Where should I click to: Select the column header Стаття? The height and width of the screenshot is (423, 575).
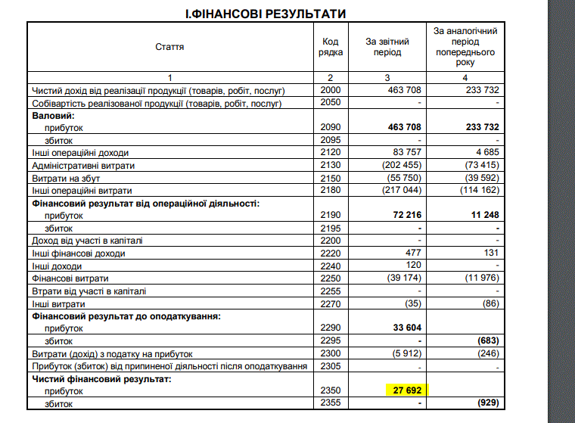coord(169,47)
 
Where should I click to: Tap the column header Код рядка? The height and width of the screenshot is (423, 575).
coord(330,47)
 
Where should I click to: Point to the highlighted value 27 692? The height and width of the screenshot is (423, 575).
coord(406,391)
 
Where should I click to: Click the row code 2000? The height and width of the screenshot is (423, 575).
coord(331,90)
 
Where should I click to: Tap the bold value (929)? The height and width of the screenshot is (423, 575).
coord(486,404)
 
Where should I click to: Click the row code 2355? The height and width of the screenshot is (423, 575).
coord(331,404)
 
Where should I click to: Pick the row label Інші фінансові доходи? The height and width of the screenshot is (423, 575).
coord(78,253)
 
